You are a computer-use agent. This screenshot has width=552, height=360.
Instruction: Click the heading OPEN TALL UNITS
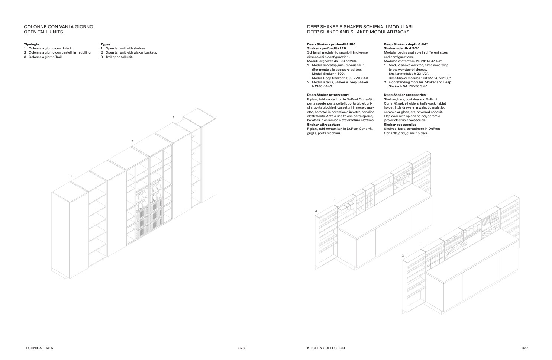point(43,32)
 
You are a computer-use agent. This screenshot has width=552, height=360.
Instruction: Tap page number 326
point(241,348)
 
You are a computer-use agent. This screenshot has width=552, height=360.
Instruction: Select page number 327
point(524,348)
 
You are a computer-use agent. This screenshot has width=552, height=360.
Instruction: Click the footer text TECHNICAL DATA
point(38,348)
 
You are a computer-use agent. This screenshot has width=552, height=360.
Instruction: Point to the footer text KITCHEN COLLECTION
point(326,348)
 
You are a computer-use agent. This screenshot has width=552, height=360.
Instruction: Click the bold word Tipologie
point(32,44)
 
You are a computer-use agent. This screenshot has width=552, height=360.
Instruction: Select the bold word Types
point(106,44)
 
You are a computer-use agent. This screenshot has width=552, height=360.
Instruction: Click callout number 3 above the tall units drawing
point(174,118)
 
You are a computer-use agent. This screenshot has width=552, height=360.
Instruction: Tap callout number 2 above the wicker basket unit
point(132,141)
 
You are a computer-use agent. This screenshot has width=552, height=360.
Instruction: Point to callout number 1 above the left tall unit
point(71,176)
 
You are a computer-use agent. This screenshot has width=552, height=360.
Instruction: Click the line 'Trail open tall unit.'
point(119,57)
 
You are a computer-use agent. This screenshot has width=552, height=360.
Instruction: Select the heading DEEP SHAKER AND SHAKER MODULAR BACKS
point(358,32)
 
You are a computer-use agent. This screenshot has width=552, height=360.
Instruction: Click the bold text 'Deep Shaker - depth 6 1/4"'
point(406,44)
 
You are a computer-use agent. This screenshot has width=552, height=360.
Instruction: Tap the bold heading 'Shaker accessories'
point(400,125)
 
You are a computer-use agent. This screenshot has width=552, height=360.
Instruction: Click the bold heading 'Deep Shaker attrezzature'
point(328,95)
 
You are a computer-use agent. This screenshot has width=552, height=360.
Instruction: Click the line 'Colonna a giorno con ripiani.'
point(50,49)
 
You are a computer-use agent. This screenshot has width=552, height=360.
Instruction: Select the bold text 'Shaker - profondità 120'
point(326,49)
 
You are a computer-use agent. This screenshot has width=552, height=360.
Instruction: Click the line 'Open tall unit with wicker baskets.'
point(131,53)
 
